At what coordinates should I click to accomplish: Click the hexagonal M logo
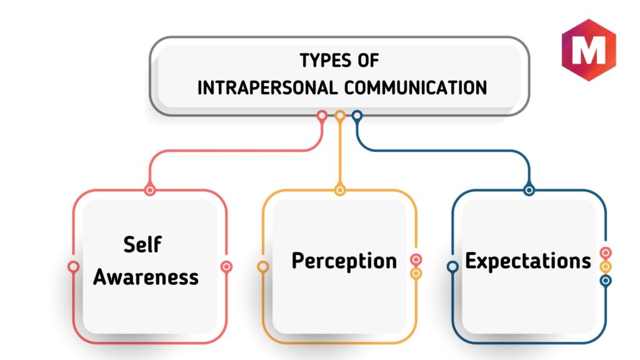click(589, 50)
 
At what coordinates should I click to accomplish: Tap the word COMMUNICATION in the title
click(416, 87)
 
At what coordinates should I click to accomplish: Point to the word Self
click(142, 244)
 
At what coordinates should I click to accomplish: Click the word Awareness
click(146, 277)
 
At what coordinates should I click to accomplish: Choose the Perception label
click(344, 261)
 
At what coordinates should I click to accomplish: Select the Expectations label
click(527, 261)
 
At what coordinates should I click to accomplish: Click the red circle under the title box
click(322, 116)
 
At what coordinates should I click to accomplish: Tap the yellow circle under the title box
click(340, 116)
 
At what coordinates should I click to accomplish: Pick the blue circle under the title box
click(357, 116)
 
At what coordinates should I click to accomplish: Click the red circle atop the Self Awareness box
click(150, 190)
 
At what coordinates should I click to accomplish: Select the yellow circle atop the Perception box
click(340, 190)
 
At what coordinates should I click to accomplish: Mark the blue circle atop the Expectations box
click(529, 190)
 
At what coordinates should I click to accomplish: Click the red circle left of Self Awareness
click(74, 266)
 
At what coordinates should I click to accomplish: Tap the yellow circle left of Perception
click(263, 267)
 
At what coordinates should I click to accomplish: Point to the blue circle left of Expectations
click(452, 267)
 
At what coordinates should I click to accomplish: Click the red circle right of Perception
click(416, 259)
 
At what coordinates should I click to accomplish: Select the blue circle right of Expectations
click(606, 281)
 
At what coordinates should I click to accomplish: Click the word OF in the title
click(368, 61)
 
